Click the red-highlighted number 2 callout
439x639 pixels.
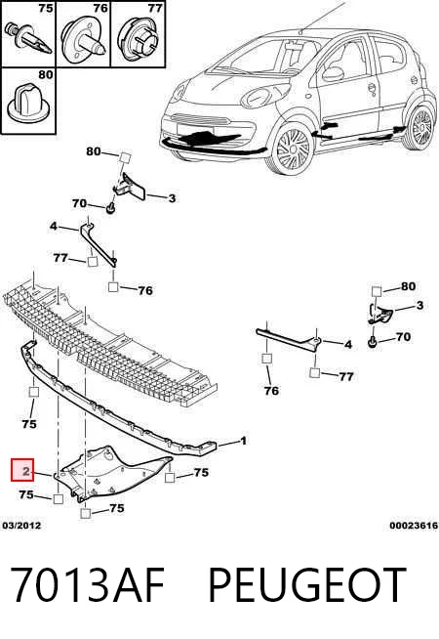point(22,470)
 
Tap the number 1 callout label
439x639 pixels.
point(243,441)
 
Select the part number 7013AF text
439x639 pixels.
point(87,584)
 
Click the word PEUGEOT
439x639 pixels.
point(306,584)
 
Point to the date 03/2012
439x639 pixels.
point(22,526)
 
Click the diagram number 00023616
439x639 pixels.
point(414,526)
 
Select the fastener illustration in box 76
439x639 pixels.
point(84,39)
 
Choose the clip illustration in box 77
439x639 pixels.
point(139,38)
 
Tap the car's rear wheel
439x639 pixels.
point(418,127)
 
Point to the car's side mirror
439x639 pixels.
point(333,73)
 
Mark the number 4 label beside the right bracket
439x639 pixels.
point(348,345)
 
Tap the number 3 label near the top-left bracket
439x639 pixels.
point(172,198)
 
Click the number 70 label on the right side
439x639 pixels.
point(403,337)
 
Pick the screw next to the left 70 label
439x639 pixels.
point(110,209)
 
